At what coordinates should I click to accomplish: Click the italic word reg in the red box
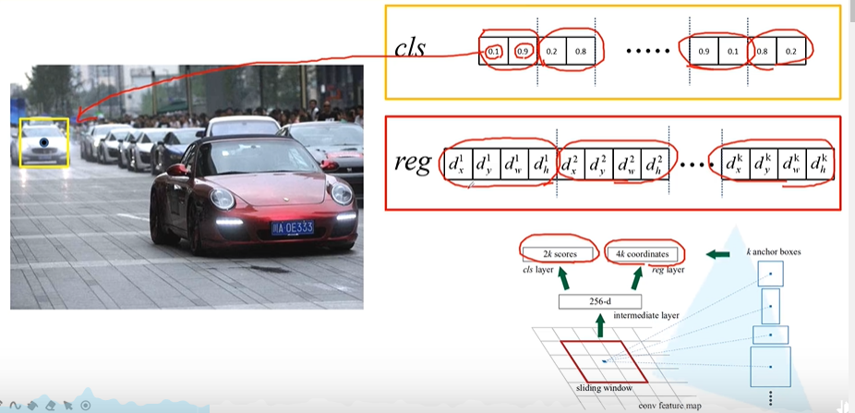click(413, 164)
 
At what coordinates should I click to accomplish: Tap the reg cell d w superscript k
click(791, 164)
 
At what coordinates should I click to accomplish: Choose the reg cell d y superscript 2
click(597, 164)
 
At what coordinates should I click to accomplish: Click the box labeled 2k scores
click(556, 253)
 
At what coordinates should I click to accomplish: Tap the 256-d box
click(599, 301)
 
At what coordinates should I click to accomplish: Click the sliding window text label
click(590, 388)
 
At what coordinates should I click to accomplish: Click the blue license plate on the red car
click(292, 227)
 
